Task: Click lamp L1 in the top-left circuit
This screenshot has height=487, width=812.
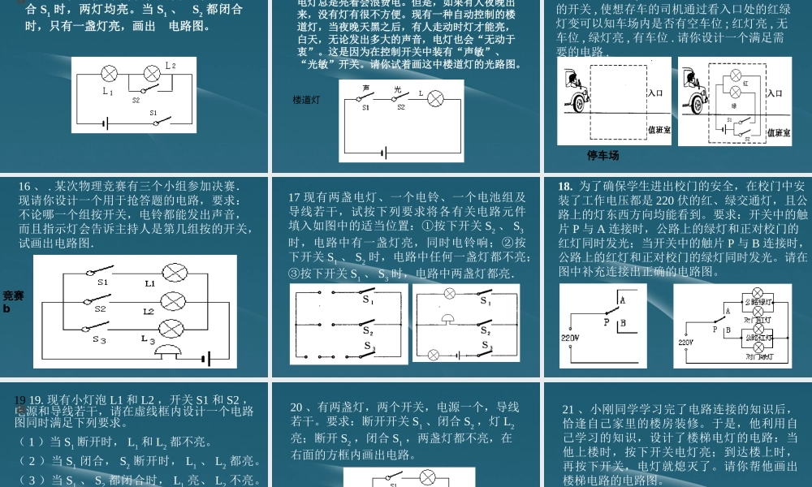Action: pos(110,74)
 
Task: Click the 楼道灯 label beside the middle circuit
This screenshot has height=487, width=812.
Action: pos(307,100)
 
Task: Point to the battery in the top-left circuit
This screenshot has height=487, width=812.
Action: pos(104,123)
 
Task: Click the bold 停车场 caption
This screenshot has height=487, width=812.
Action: pos(603,155)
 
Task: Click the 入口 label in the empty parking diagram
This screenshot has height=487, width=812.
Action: pos(656,93)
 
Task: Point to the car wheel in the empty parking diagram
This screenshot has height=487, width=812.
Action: pos(579,102)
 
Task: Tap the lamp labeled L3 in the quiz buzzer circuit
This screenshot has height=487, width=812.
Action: pos(172,328)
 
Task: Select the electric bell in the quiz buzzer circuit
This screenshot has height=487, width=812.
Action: pos(167,351)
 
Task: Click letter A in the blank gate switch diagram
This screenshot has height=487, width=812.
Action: pos(622,300)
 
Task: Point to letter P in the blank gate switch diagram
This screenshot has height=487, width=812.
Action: pos(605,321)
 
